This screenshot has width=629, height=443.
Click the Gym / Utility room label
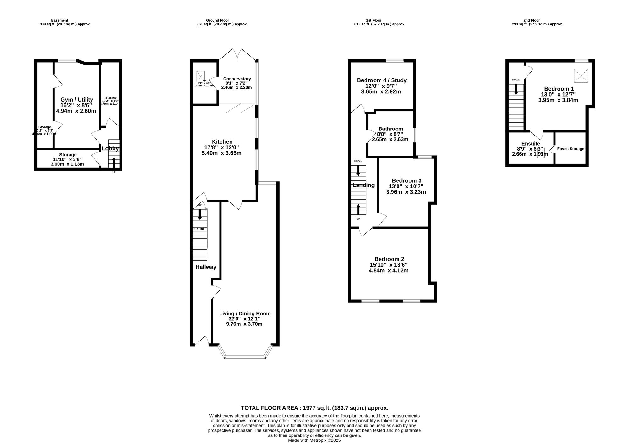(76, 100)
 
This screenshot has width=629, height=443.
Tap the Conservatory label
(237, 79)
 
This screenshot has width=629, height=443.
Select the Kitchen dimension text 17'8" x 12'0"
(221, 147)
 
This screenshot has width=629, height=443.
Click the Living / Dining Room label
(245, 313)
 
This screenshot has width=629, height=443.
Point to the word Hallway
(206, 267)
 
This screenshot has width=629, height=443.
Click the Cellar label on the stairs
(199, 229)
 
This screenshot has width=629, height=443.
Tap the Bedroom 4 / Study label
(381, 80)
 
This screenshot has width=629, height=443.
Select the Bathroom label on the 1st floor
(390, 129)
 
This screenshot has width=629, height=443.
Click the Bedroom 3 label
(406, 180)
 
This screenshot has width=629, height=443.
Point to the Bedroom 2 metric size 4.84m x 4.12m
(388, 270)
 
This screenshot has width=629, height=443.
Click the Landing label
(363, 185)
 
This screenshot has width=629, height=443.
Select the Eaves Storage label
(571, 149)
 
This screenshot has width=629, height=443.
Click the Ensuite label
(531, 144)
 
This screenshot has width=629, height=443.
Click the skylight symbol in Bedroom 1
(581, 76)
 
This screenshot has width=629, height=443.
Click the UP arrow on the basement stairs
(114, 162)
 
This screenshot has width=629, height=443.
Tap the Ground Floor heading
(217, 20)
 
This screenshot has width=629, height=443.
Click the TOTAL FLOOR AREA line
(314, 408)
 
